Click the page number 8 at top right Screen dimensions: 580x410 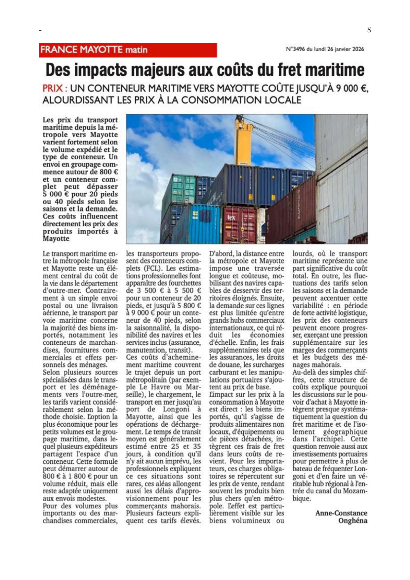369,30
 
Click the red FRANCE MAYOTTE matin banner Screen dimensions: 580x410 128,50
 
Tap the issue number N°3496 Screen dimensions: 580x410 296,49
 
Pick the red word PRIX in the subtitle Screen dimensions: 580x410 53,89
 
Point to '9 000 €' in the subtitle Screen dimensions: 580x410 351,89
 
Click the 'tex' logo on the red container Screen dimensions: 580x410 231,217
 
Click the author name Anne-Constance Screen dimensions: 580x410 341,513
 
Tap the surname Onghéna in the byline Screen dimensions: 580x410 352,521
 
